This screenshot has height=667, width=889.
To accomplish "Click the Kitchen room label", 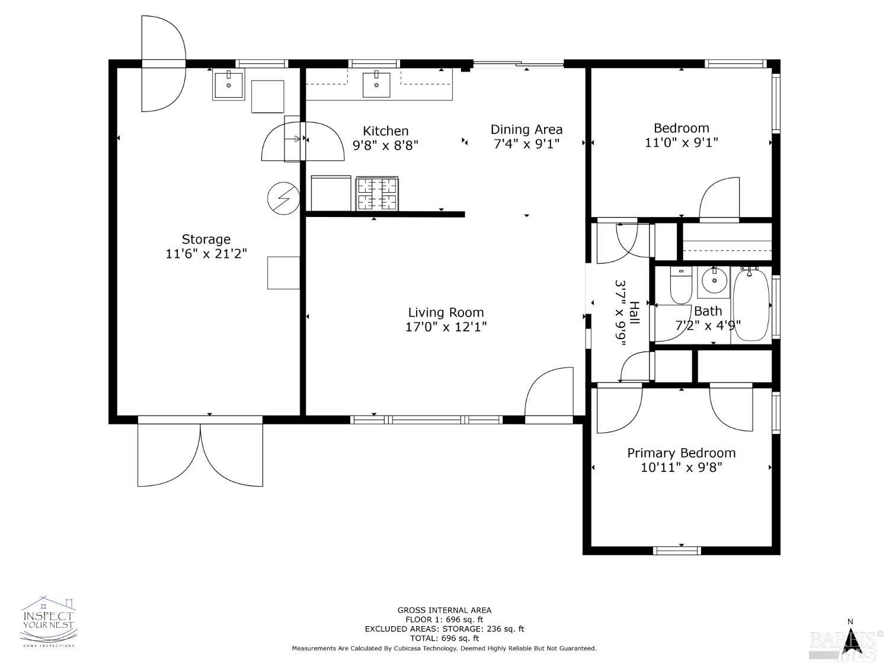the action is click(385, 131).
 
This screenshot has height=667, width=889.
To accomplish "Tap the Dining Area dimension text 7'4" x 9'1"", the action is click(526, 143).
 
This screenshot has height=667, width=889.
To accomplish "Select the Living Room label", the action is click(446, 312).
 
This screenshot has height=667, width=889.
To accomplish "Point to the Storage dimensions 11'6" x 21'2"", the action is click(206, 254).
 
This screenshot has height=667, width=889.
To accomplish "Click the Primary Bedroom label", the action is click(681, 453).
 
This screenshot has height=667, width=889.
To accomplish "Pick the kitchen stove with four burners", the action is click(377, 194).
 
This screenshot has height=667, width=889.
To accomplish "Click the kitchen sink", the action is click(376, 85).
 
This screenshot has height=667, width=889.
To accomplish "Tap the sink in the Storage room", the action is click(228, 85).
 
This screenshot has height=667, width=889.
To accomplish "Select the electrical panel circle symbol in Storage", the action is click(283, 199).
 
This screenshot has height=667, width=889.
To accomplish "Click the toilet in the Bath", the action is click(681, 285).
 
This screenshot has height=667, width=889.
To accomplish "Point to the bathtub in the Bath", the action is click(750, 304).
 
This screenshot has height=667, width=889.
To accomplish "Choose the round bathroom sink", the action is click(714, 281).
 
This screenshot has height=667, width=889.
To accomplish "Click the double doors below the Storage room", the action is click(200, 452).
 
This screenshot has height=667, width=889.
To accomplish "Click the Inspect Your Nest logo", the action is click(49, 621).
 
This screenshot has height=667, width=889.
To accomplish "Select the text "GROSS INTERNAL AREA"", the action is click(444, 610).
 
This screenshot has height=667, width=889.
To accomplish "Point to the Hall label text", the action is click(634, 312).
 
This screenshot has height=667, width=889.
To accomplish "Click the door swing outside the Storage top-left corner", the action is click(163, 63).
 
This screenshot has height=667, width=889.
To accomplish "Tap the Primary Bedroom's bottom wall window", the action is click(677, 550).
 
